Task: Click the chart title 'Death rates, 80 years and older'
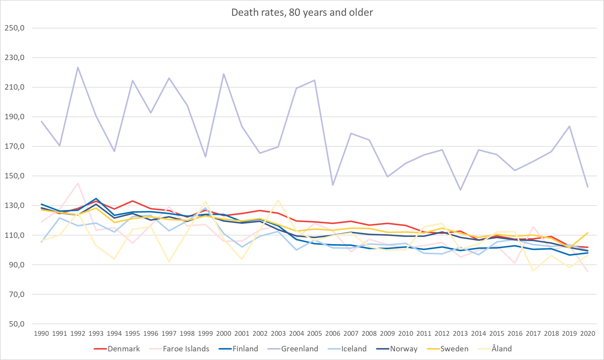pyautogui.click(x=302, y=13)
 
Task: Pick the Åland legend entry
pyautogui.click(x=501, y=349)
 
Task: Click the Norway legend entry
pyautogui.click(x=403, y=349)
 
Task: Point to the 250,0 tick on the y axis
pyautogui.click(x=15, y=28)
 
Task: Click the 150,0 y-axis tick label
pyautogui.click(x=15, y=176)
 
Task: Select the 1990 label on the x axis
pyautogui.click(x=42, y=333)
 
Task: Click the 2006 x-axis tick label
pyautogui.click(x=333, y=333)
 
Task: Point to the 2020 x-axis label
pyautogui.click(x=588, y=333)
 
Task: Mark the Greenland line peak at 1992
pyautogui.click(x=78, y=67)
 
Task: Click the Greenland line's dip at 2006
pyautogui.click(x=333, y=185)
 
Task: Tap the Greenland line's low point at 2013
pyautogui.click(x=460, y=190)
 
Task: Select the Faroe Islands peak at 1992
pyautogui.click(x=78, y=183)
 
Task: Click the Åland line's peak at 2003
pyautogui.click(x=278, y=200)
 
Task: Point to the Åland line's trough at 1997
pyautogui.click(x=169, y=262)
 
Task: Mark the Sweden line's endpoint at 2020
pyautogui.click(x=588, y=233)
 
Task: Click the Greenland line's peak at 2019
pyautogui.click(x=569, y=126)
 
